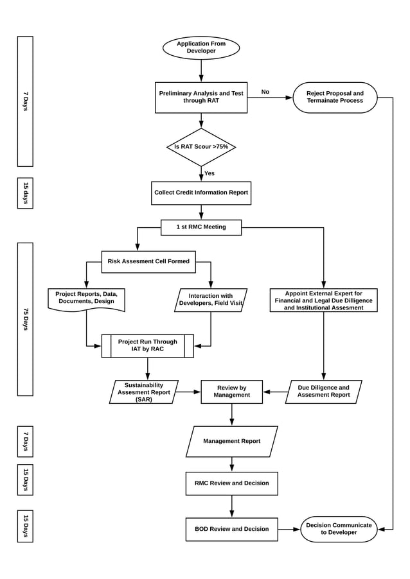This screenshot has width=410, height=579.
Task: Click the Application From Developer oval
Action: [201, 48]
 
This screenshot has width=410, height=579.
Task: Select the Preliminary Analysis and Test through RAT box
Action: [201, 98]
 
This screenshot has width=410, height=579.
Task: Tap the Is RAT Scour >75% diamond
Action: [201, 147]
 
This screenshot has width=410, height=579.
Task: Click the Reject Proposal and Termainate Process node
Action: [335, 98]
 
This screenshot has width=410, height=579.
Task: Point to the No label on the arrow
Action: [265, 92]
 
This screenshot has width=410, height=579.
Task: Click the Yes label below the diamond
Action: [209, 173]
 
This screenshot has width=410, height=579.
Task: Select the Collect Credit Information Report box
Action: [201, 193]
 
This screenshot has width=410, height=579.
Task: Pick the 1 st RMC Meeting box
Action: [201, 227]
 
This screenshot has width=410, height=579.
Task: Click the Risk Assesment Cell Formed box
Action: [148, 262]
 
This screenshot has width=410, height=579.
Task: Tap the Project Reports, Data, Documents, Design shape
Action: [86, 299]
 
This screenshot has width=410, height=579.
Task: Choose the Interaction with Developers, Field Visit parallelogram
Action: [211, 300]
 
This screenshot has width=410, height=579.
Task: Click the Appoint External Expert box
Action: [323, 300]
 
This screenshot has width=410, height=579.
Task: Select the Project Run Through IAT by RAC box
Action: [148, 346]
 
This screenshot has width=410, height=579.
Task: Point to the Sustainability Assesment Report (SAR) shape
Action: [144, 392]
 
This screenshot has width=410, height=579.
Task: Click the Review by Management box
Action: [231, 392]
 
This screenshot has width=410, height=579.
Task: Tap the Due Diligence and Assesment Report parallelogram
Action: [323, 392]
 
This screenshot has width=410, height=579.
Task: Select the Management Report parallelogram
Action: [231, 442]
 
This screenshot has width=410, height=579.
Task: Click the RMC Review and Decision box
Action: [231, 483]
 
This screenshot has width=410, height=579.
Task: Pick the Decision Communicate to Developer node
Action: [339, 529]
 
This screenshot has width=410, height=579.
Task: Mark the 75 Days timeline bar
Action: [25, 319]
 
